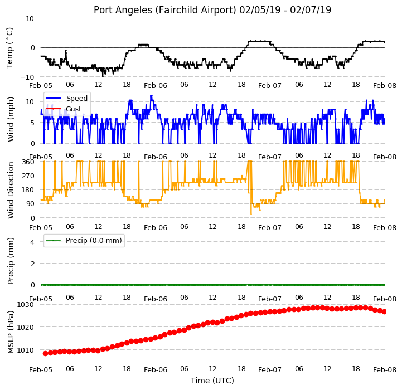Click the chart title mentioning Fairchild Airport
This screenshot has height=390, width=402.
coord(212,10)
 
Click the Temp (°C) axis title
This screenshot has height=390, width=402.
coord(9,48)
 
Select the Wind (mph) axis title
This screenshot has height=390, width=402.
coord(10,119)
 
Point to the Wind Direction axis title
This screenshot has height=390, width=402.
coord(10,190)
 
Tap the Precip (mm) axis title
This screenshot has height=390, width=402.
coord(10,261)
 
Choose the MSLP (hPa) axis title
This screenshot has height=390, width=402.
coord(10,333)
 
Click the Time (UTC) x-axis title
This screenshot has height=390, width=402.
coord(212,381)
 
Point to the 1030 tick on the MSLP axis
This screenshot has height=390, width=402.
coord(26,305)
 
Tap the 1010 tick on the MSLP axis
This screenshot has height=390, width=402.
coord(26,350)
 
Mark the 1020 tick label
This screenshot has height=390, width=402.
coord(26,328)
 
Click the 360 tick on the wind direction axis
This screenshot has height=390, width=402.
coord(28,162)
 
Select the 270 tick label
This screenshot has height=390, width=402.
coord(28,176)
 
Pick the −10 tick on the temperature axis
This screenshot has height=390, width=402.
coord(27,77)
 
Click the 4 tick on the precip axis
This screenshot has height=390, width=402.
coord(32,242)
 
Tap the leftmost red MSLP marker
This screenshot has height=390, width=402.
coord(45,353)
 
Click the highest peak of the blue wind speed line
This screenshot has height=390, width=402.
coord(151,96)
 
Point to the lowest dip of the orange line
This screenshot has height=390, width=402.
coord(251,214)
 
